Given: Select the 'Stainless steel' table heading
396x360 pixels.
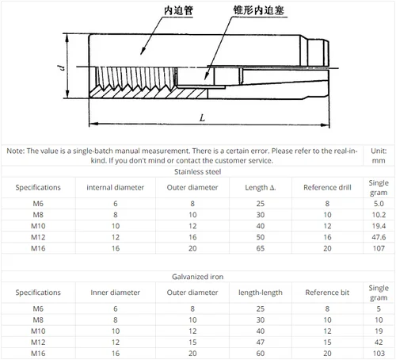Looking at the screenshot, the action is [197, 170].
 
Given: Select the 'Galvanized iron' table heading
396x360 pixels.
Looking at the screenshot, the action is [197, 278].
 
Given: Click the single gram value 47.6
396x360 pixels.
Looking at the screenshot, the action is [379, 237].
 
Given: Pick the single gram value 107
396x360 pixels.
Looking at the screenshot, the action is [379, 248].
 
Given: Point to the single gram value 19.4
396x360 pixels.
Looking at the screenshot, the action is [379, 226].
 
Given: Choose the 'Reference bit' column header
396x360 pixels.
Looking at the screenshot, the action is [326, 293].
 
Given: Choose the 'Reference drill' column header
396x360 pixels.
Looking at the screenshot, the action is [326, 187].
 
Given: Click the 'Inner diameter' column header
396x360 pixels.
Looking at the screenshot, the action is [115, 293].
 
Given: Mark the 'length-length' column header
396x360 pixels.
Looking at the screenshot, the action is [261, 293].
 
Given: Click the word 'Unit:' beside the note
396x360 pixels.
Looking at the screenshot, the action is [379, 150].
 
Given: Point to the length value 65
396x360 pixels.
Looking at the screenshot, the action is [261, 248].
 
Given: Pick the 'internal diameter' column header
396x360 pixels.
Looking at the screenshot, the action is [115, 187].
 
